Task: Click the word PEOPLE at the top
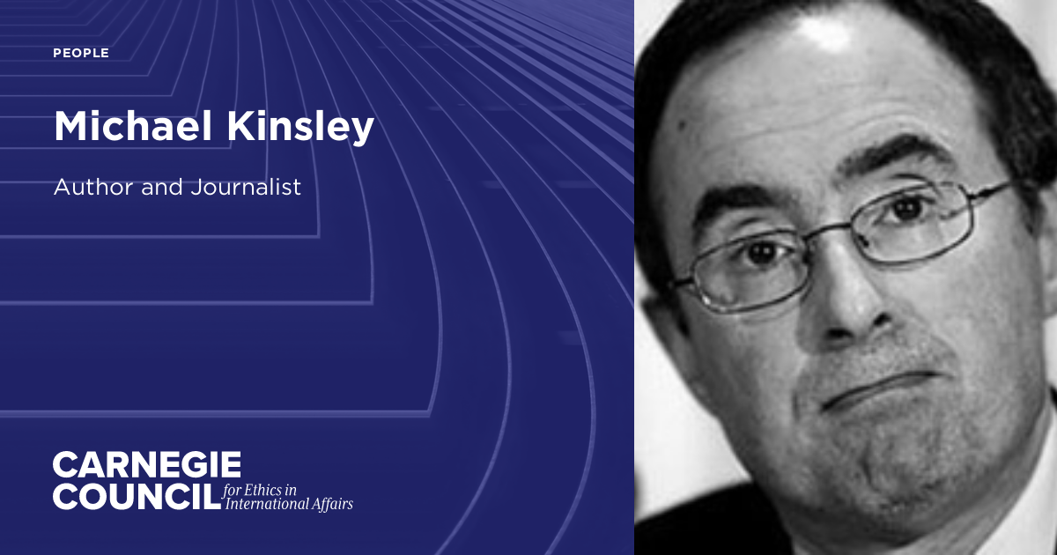point(81,54)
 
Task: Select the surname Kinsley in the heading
point(304,129)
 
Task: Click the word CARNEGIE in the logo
point(146,464)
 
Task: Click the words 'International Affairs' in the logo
point(289,505)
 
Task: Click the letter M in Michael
point(73,127)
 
